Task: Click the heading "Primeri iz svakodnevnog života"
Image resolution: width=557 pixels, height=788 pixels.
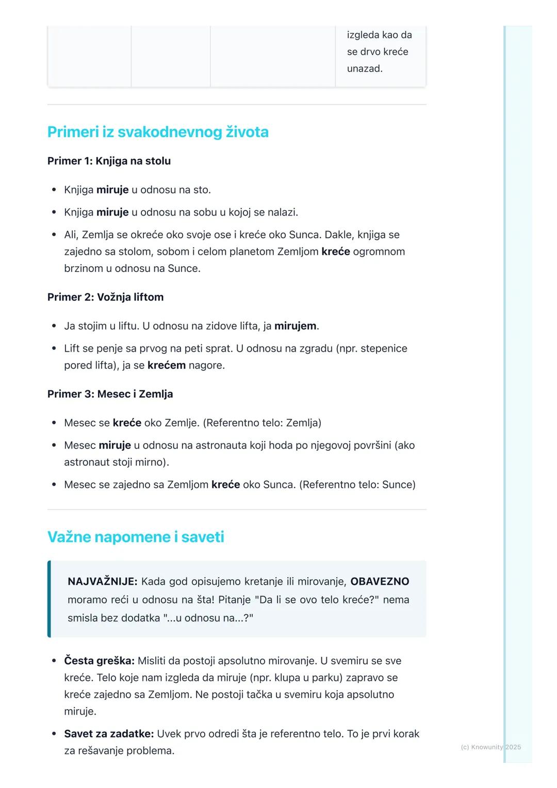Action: (158, 132)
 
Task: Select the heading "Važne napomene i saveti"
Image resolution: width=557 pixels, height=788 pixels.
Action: (136, 537)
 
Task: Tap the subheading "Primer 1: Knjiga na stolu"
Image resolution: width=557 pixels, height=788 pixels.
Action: (109, 161)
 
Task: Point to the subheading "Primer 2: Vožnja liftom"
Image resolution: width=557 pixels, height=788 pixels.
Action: (105, 297)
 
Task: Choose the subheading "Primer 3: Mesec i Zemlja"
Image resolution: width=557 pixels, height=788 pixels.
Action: (110, 394)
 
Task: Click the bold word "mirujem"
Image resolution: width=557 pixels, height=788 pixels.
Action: (295, 326)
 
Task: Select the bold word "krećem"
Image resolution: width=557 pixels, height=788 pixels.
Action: (166, 365)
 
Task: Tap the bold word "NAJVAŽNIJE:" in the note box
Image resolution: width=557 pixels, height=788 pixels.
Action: (102, 581)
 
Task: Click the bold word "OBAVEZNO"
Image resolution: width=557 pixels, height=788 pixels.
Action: (380, 581)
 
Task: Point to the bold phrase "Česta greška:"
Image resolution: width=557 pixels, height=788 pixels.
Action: (99, 661)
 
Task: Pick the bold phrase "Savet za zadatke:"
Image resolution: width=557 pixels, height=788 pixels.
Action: (109, 733)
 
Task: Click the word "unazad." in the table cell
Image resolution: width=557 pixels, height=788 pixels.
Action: (365, 69)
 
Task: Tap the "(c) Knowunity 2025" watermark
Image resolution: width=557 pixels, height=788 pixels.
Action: (490, 747)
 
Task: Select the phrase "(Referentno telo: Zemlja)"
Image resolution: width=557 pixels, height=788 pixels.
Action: (262, 423)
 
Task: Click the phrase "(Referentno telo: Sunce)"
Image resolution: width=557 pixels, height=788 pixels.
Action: (357, 485)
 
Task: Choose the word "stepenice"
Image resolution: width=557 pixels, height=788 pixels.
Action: (384, 349)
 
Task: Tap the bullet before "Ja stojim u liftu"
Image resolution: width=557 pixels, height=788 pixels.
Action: (54, 326)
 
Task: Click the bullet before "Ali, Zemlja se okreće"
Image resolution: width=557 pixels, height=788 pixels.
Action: (54, 235)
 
